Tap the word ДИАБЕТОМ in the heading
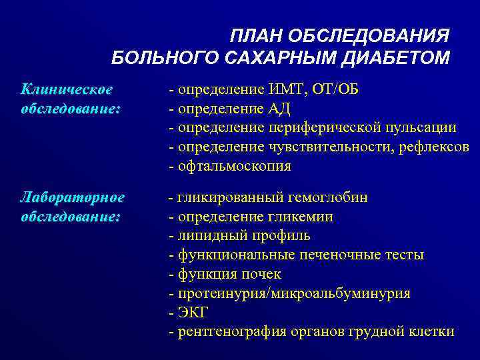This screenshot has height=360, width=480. coord(396,59)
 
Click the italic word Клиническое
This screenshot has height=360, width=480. coord(67,89)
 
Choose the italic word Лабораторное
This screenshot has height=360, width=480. coord(73,198)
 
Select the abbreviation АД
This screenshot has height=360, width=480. coord(279,109)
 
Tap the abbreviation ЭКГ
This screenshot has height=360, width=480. coord(193,312)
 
